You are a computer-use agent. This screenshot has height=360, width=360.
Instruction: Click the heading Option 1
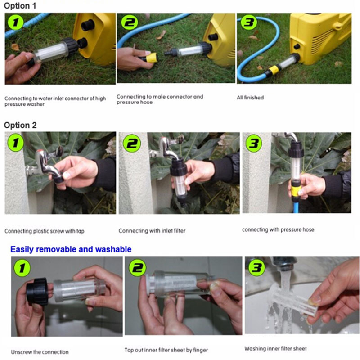[20, 6]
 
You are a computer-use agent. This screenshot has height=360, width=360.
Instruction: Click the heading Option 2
[20, 125]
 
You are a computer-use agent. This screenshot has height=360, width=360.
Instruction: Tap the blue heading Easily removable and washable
[71, 249]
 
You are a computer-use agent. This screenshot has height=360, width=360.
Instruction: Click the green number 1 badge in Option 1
[15, 22]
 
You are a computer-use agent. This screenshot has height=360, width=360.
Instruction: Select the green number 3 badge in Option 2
[254, 143]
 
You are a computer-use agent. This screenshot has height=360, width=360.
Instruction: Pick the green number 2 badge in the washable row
[137, 268]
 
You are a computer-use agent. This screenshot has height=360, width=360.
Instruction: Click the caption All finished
[250, 98]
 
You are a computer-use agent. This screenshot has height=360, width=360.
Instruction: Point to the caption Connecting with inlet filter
[152, 231]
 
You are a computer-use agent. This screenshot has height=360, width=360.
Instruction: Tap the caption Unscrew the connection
[40, 352]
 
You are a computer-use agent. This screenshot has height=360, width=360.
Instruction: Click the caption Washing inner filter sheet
[275, 348]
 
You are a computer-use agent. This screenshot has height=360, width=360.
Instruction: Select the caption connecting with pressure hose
[278, 229]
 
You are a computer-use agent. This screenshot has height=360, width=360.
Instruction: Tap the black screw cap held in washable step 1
[37, 291]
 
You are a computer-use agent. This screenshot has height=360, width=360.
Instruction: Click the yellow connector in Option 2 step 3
[296, 188]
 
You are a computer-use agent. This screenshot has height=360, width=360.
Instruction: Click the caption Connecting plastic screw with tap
[44, 231]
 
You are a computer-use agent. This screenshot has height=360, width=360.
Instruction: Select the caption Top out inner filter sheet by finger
[166, 350]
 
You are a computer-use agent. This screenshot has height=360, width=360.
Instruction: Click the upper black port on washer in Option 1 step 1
[88, 25]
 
